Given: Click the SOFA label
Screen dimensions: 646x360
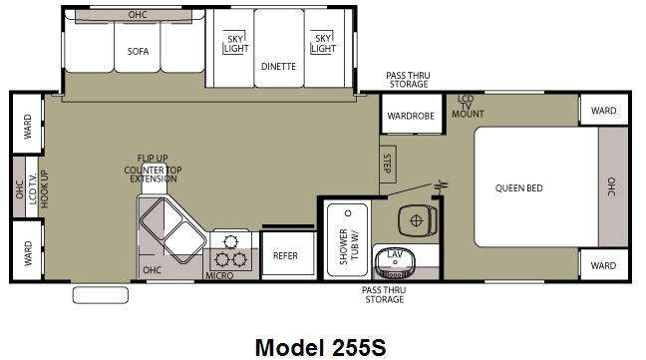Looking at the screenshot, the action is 138,52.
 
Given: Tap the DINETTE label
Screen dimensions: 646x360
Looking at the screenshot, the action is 278,66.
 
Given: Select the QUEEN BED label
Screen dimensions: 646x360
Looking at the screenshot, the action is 518,188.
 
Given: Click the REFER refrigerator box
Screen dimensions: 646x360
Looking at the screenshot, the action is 288,255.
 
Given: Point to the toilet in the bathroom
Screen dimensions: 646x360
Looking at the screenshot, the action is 418,220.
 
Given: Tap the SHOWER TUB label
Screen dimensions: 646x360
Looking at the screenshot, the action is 349,246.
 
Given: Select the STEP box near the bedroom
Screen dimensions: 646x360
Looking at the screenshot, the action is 388,164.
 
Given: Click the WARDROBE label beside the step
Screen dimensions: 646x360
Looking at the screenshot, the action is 411,116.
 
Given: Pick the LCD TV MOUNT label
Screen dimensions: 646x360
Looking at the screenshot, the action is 468,107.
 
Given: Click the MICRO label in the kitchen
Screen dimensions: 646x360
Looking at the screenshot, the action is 219,275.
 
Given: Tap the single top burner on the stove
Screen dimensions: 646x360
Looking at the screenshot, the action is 230,241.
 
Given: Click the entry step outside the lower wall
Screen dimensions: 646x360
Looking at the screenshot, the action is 100,295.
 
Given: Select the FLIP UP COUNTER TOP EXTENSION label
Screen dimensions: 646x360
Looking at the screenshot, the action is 153,169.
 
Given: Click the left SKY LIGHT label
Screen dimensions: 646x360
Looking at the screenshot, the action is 236,44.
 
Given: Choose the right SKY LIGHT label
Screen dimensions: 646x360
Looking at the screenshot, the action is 323,43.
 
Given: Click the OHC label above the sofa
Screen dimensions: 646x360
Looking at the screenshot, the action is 138,15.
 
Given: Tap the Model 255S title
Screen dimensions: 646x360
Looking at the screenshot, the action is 321,347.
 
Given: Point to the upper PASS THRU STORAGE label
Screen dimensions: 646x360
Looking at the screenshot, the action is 409,80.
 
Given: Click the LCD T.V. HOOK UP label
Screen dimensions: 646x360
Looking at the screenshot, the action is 38,188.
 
